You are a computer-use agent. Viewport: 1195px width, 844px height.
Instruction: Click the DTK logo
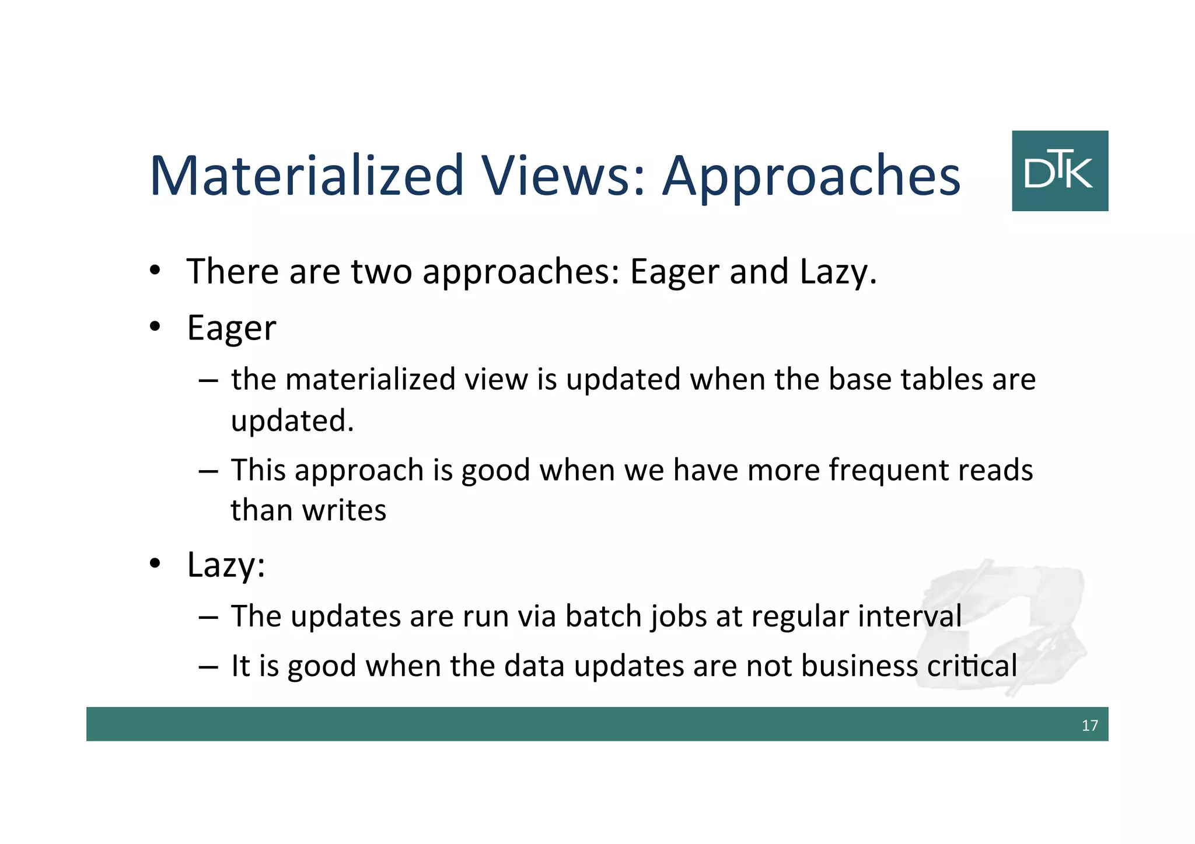(x=1060, y=170)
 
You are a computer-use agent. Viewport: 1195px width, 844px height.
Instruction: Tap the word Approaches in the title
(x=812, y=177)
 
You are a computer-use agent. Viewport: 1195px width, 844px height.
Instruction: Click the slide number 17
(x=1089, y=725)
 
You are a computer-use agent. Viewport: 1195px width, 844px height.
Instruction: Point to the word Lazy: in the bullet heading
(x=226, y=565)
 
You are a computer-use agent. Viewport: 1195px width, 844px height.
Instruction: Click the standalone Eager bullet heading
(x=231, y=328)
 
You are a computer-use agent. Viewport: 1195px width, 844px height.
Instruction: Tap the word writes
(x=344, y=510)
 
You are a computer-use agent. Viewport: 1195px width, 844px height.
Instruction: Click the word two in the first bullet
(x=381, y=271)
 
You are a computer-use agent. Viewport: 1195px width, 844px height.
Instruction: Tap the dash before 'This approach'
(x=208, y=470)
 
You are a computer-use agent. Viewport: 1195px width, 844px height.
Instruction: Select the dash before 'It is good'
(x=208, y=666)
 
